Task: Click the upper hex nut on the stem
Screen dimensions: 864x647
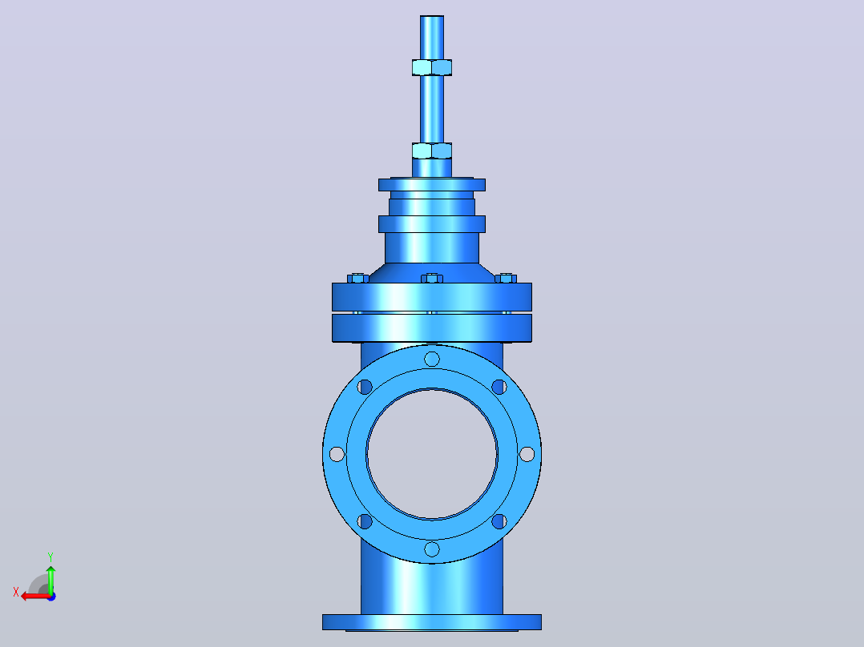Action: pos(432,67)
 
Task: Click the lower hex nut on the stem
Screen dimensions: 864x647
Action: pos(432,151)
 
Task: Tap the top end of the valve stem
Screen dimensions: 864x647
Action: pos(432,17)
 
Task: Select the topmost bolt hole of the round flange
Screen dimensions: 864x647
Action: pos(432,359)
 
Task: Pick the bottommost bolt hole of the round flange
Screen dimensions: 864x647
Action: pos(432,549)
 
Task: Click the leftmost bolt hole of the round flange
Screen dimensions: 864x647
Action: pos(337,454)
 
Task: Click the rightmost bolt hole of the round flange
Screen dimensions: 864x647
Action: pos(527,454)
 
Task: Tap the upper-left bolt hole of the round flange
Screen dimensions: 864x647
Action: pos(365,387)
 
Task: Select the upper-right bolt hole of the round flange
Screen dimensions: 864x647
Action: pos(499,387)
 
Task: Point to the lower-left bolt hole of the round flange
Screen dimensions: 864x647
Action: pos(365,521)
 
